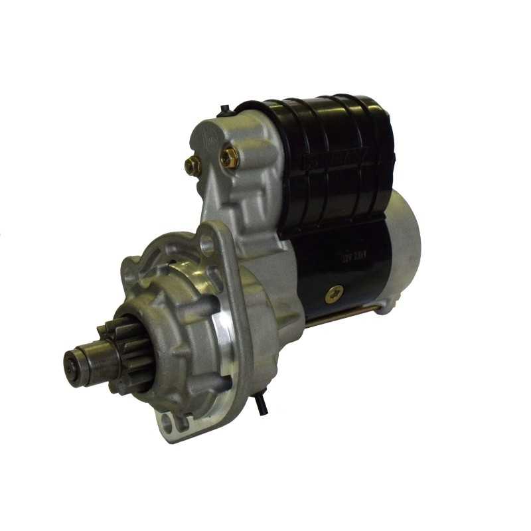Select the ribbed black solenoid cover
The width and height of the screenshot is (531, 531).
click(x=332, y=159)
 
